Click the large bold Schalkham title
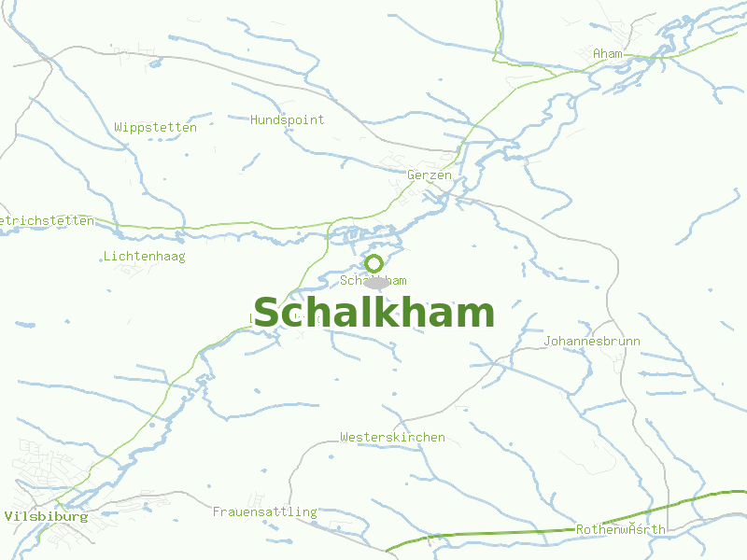coord(373,313)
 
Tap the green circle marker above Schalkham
coord(374,263)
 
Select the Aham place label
coord(607,54)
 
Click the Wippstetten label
coord(156,127)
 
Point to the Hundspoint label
coord(288,119)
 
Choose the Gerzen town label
coord(430,175)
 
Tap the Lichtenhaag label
coord(145,256)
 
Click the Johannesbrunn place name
coord(592,341)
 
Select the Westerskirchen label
coord(392,437)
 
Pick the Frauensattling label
coord(265,511)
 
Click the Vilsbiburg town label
coord(46,516)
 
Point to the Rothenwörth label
coord(621,529)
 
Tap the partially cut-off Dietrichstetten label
coord(47,220)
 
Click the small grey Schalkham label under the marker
coord(373,280)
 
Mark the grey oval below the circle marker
coord(376,282)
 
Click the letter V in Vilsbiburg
coord(8,516)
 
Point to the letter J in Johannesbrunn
coord(548,341)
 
